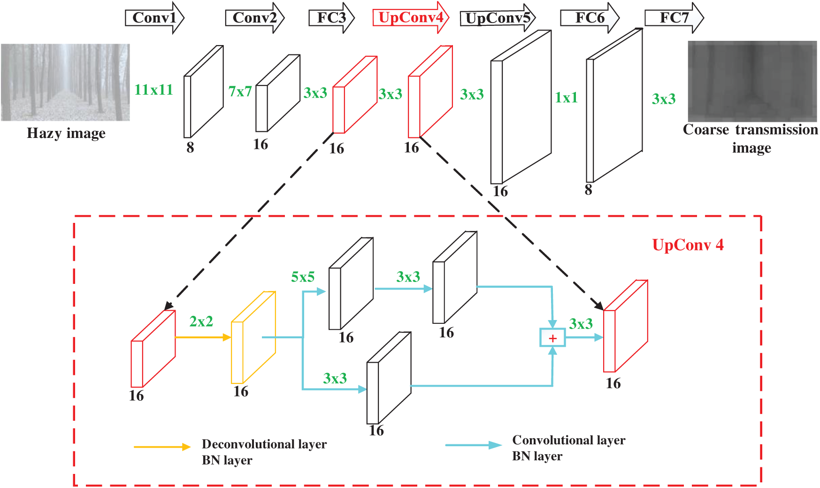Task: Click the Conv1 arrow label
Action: (x=154, y=18)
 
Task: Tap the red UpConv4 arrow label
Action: (x=410, y=18)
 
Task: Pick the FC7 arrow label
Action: (x=674, y=18)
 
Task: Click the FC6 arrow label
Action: (x=589, y=18)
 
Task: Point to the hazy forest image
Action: (x=65, y=82)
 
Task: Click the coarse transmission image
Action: (x=752, y=81)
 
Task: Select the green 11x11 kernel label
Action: (x=153, y=90)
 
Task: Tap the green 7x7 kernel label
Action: (x=240, y=91)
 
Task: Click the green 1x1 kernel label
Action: (x=566, y=98)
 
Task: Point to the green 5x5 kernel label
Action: (x=303, y=277)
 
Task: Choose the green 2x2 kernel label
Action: (x=201, y=321)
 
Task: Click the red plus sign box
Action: (x=552, y=338)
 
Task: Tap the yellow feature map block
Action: (x=253, y=338)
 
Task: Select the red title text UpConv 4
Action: (x=688, y=245)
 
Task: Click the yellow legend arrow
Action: (x=162, y=447)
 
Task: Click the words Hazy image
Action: (x=66, y=133)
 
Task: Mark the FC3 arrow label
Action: (x=331, y=18)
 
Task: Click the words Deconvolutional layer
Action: (x=264, y=444)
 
